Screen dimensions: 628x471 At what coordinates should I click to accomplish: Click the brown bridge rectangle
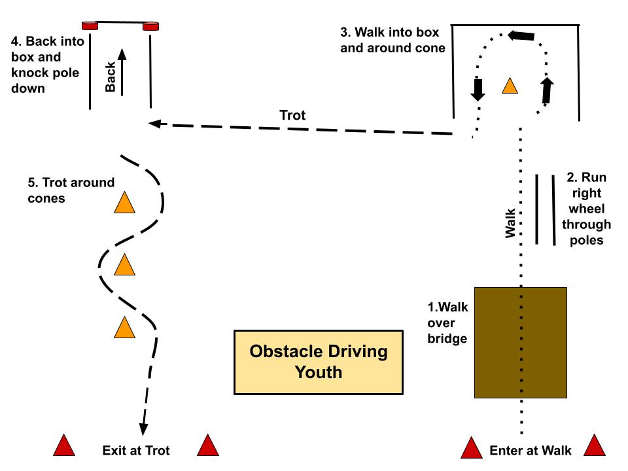520,342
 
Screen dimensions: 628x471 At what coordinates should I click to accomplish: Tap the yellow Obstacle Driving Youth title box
319,362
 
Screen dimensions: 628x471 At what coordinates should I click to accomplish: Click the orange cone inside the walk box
510,86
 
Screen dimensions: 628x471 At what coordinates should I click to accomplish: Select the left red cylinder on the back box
90,26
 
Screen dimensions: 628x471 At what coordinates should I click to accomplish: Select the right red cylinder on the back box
150,26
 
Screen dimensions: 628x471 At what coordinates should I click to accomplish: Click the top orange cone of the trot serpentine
124,202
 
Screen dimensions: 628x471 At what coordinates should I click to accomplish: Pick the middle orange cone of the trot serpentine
124,264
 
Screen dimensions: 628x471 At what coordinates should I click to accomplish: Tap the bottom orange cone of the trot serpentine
124,327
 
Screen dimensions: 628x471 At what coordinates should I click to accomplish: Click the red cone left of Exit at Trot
64,445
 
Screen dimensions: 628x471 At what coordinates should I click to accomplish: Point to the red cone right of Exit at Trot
208,445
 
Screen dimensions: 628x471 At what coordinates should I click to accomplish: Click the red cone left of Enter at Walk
472,447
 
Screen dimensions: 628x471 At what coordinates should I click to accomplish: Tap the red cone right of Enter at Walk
595,445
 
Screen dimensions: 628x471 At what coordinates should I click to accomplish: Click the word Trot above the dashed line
292,115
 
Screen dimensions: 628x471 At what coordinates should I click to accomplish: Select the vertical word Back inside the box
110,77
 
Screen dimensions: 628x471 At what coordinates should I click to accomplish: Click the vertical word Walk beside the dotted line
510,223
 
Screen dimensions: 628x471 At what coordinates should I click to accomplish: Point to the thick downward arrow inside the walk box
478,90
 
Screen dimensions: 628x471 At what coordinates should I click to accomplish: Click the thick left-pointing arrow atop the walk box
521,35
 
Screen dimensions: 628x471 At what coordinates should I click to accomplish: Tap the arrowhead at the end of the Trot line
154,124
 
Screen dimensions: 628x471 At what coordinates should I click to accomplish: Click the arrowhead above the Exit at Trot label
143,429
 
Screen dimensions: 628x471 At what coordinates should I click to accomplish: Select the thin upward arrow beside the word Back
122,72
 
